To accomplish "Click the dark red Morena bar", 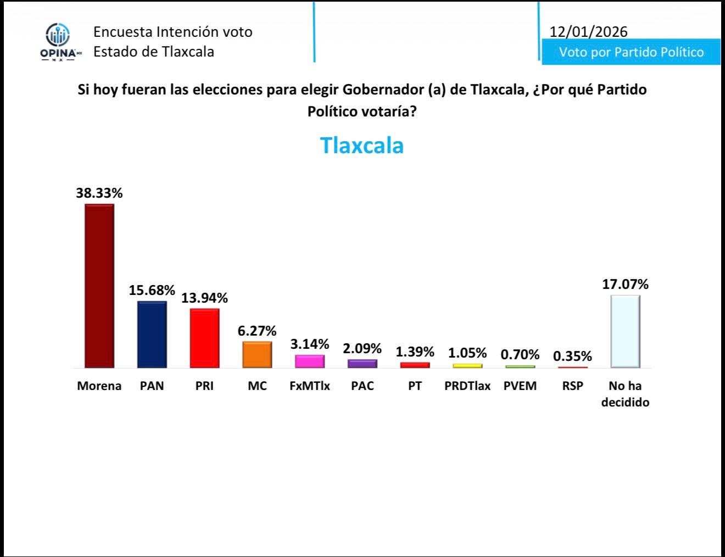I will click(x=99, y=286).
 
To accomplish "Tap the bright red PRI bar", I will click(x=204, y=338).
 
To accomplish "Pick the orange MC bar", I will click(x=257, y=354).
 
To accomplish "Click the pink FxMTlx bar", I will click(x=310, y=361).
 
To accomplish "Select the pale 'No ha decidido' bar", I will click(x=625, y=331).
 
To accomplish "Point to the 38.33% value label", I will click(x=99, y=193).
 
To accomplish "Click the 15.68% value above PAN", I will click(x=152, y=290).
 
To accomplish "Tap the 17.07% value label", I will click(x=625, y=284).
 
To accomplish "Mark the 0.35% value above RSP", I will click(x=572, y=356).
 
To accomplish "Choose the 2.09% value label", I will click(x=362, y=348).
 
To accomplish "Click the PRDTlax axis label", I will click(x=467, y=386).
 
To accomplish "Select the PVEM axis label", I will click(x=520, y=386).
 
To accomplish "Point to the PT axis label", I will click(x=415, y=386).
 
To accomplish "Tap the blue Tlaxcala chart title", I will click(x=362, y=146).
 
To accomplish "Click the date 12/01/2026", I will click(x=588, y=31).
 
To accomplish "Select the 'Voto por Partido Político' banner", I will click(x=631, y=52).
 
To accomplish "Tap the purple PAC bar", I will click(x=362, y=363).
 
